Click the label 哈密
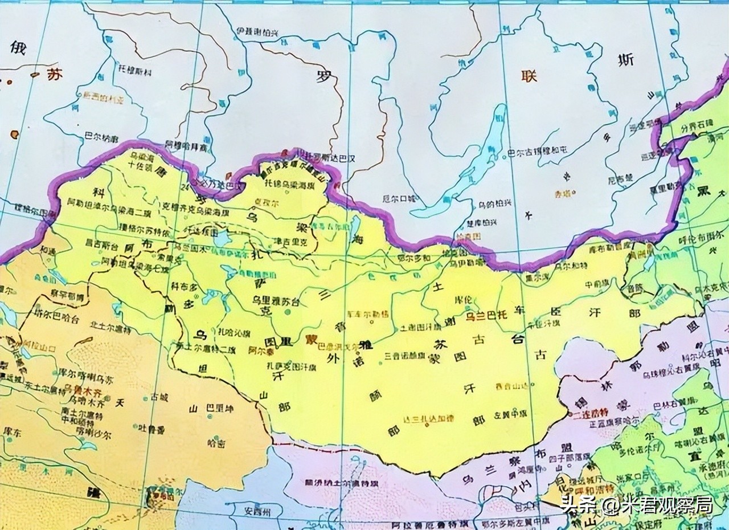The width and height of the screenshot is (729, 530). point(216,442)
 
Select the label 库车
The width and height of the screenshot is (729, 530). point(12,433)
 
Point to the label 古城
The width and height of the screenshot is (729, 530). point(159,394)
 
